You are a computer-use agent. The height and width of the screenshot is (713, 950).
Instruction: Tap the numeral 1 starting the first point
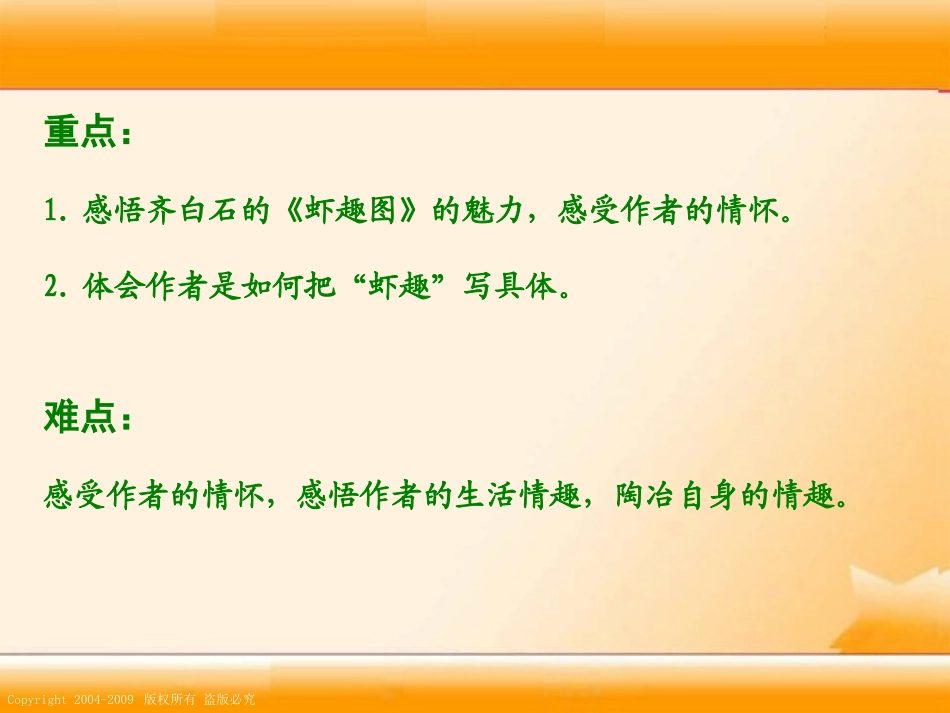[x=51, y=212]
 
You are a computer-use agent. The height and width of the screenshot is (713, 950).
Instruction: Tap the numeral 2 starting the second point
[x=51, y=288]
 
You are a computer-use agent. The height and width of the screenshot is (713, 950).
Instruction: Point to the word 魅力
[x=483, y=212]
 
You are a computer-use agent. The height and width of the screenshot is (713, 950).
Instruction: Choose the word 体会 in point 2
[x=103, y=288]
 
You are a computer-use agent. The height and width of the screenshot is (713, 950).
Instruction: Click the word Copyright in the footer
[x=36, y=700]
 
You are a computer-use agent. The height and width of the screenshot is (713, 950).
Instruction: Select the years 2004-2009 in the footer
[x=104, y=700]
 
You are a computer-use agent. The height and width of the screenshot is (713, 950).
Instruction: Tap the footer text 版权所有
[x=168, y=700]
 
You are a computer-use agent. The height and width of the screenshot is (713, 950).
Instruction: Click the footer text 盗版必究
[x=230, y=700]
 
